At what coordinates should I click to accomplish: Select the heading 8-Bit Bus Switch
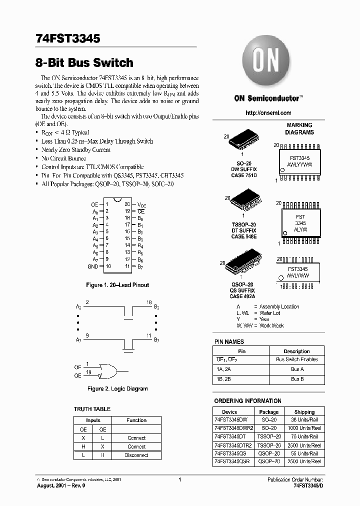pyautogui.click(x=84, y=63)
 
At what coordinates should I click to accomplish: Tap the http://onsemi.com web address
pyautogui.click(x=268, y=113)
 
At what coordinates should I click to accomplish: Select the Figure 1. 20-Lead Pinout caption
pyautogui.click(x=117, y=285)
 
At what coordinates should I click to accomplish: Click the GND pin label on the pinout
pyautogui.click(x=92, y=266)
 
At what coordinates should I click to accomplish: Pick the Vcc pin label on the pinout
pyautogui.click(x=142, y=204)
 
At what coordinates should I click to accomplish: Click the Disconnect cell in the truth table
pyautogui.click(x=136, y=455)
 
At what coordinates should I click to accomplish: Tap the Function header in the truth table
pyautogui.click(x=136, y=420)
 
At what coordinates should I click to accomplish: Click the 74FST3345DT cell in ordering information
pyautogui.click(x=231, y=436)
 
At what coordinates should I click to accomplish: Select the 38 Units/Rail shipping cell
pyautogui.click(x=304, y=420)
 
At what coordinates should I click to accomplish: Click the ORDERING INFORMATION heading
pyautogui.click(x=247, y=401)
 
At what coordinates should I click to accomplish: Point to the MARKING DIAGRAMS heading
pyautogui.click(x=299, y=128)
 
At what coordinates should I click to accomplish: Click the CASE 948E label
pyautogui.click(x=244, y=236)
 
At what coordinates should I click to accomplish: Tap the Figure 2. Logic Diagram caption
pyautogui.click(x=117, y=388)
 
